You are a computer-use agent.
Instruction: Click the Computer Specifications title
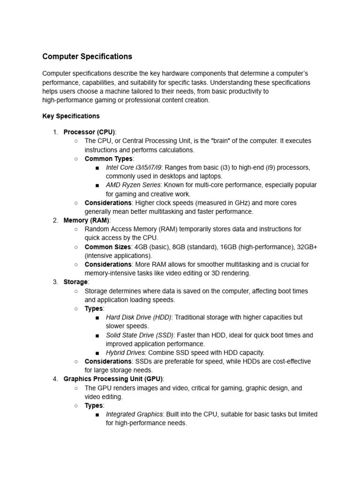tap(87, 57)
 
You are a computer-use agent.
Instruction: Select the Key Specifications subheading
tap(71, 116)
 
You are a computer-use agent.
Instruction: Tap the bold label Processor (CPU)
tap(89, 132)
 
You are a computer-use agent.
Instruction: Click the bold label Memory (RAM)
tap(86, 220)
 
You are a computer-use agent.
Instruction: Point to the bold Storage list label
tap(75, 282)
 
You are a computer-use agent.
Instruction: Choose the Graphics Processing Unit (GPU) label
tap(113, 379)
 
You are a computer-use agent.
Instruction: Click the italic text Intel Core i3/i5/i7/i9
tap(134, 167)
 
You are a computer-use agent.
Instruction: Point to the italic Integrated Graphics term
tap(135, 414)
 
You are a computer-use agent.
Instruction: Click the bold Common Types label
tap(109, 158)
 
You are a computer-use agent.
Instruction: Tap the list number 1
tap(55, 132)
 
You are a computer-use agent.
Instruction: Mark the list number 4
tap(55, 379)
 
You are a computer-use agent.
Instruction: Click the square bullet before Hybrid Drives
tap(97, 353)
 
